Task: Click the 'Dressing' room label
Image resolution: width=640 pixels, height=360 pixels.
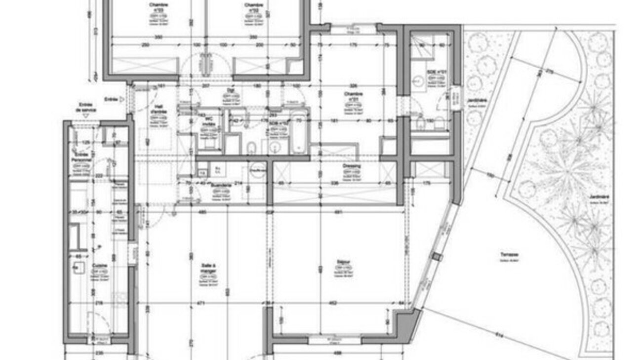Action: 351,166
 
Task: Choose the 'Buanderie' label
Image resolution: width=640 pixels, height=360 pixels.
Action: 221,186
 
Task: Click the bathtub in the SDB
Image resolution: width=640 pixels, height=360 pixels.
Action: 299,133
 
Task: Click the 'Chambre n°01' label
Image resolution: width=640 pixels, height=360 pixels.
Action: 354,96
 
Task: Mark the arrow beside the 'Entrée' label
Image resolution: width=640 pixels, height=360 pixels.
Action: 122,99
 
